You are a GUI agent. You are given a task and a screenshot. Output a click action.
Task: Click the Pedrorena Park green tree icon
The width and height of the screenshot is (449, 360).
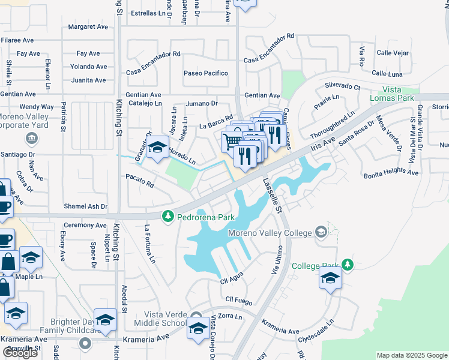point(169,215)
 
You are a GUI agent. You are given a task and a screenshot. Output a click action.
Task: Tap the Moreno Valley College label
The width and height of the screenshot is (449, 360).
point(270,233)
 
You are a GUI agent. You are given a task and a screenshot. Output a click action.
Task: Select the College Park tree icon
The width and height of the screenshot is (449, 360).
point(346,265)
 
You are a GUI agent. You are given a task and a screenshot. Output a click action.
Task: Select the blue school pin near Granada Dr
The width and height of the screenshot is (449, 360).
point(157,147)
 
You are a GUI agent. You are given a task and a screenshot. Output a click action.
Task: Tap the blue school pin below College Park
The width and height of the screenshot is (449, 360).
point(330,278)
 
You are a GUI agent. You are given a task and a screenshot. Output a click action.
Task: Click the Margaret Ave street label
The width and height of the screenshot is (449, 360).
point(88,27)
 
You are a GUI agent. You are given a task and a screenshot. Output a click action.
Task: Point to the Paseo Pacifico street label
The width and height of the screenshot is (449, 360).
point(206,73)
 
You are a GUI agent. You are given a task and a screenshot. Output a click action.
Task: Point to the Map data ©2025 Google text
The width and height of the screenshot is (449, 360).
point(412,355)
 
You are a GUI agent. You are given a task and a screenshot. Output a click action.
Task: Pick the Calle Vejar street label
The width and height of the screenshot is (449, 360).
point(393,53)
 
